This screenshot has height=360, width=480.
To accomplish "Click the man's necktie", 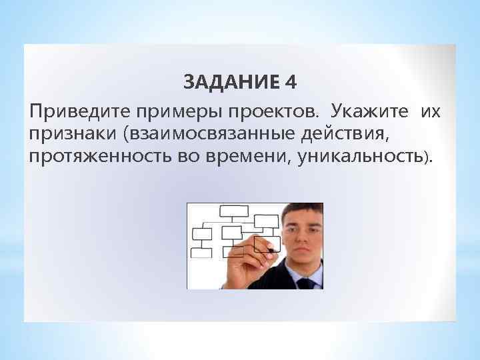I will click(x=305, y=283).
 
